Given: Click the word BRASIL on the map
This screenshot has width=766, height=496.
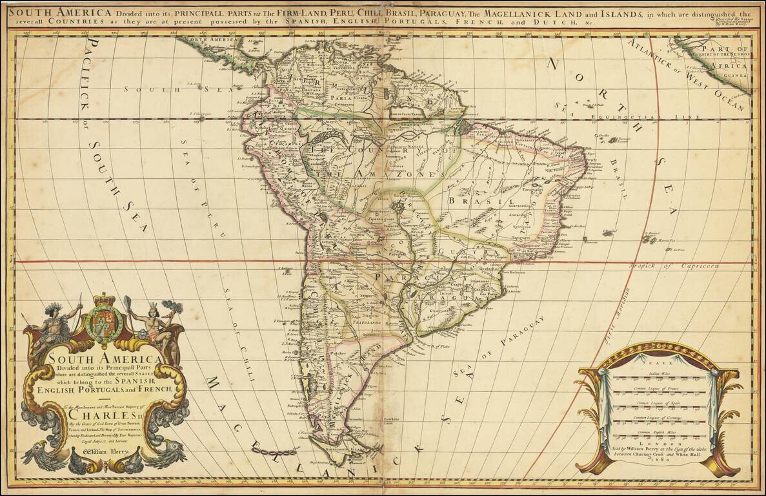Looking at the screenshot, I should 476,201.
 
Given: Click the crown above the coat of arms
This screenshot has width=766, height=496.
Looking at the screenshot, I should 104,300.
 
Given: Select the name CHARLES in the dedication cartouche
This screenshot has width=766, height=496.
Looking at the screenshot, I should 106,415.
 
